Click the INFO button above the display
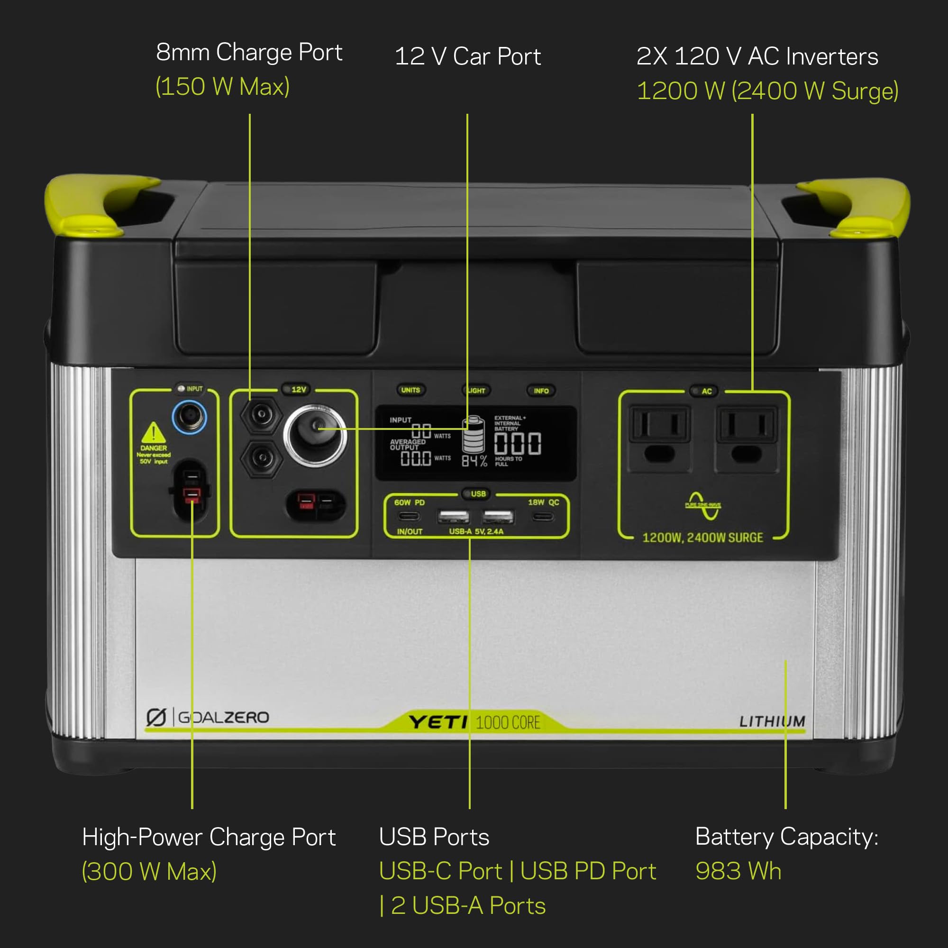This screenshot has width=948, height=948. coord(541,391)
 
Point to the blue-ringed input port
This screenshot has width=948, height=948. coord(190,417)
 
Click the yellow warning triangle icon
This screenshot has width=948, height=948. coord(154,432)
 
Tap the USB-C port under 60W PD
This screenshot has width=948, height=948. coord(409,516)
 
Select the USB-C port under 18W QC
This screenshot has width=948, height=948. coord(542,516)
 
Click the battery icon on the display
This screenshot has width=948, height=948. coord(473,435)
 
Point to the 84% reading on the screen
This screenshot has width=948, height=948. coord(474,461)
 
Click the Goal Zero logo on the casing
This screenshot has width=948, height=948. coord(208,717)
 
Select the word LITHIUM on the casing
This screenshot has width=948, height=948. coord(772,721)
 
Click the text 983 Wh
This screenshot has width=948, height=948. coord(738,871)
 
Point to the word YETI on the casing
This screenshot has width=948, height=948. coord(438,722)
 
